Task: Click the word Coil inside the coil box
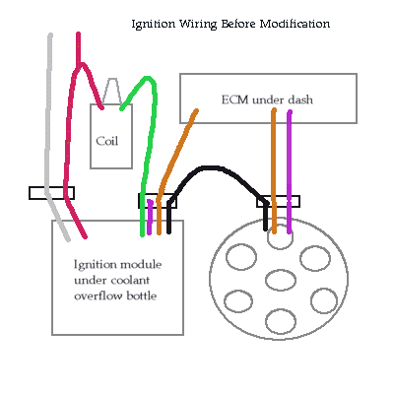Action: tap(106, 141)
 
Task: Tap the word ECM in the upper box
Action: tap(234, 99)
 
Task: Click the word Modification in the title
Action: tap(295, 24)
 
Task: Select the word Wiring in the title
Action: tap(198, 25)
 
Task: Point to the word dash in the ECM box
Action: tap(300, 99)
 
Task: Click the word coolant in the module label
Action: tap(130, 281)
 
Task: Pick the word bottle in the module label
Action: tap(142, 295)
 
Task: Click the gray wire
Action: tap(48, 138)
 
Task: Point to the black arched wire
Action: tap(210, 168)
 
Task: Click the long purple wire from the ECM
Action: tap(290, 172)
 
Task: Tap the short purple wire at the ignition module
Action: tap(150, 217)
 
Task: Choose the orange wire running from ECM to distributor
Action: tap(274, 170)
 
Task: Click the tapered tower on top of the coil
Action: tap(112, 91)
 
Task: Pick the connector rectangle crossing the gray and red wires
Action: tap(51, 193)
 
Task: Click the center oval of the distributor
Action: tap(281, 280)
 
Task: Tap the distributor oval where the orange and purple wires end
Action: tap(280, 236)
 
